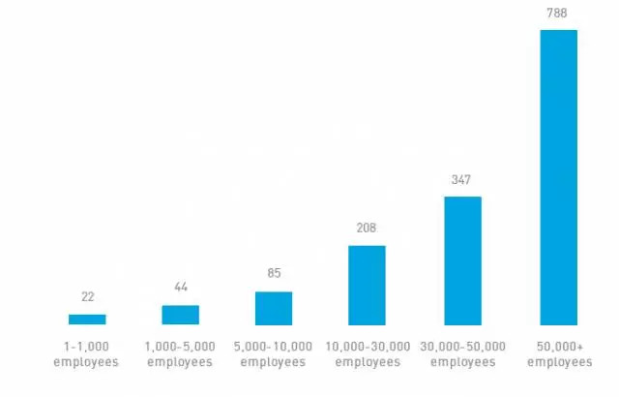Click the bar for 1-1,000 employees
click(87, 319)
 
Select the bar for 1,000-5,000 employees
click(181, 315)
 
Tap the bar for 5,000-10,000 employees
click(274, 308)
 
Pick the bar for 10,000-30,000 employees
click(367, 285)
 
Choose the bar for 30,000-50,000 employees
click(462, 260)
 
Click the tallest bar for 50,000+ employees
click(558, 177)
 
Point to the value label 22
click(87, 297)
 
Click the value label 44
click(181, 289)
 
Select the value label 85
click(274, 274)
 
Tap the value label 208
click(367, 229)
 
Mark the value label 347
click(462, 180)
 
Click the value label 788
click(558, 14)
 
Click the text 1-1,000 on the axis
click(87, 347)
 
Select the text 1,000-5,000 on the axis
click(180, 347)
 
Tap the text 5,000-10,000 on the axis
click(274, 347)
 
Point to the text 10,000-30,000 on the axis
click(367, 347)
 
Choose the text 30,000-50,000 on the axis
click(462, 347)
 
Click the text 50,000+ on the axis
click(558, 347)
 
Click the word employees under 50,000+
click(558, 362)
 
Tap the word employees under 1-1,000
click(87, 362)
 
